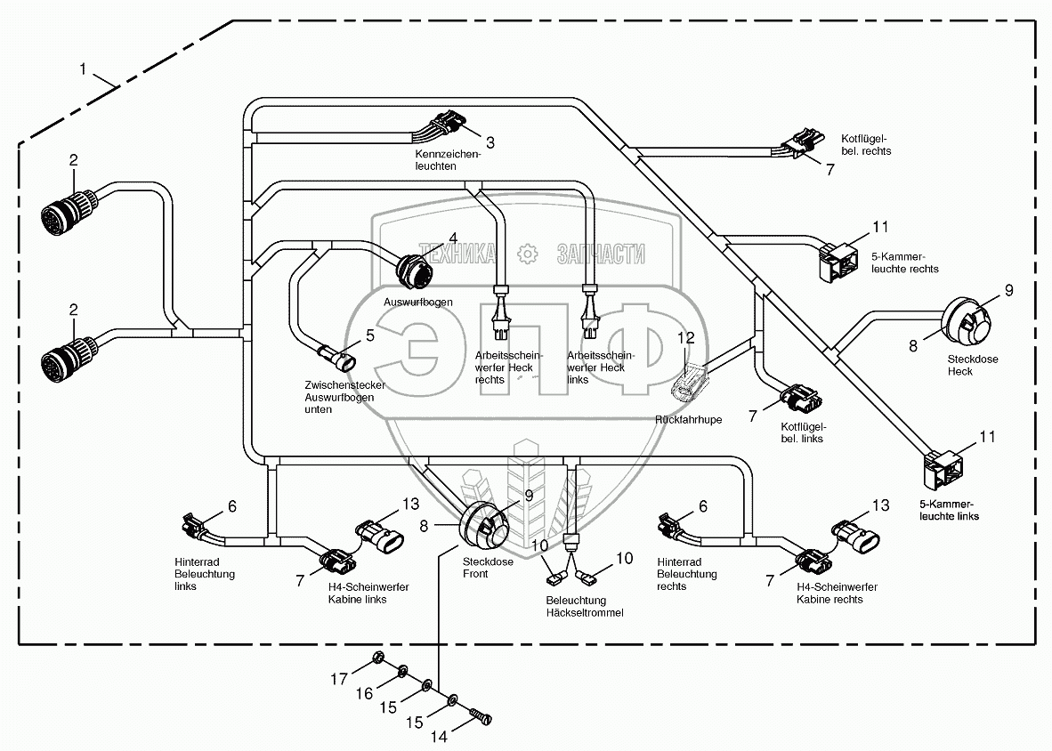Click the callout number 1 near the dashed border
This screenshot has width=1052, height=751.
[83, 69]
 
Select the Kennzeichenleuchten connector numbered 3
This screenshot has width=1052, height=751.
[447, 124]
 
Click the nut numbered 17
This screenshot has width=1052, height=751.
[377, 658]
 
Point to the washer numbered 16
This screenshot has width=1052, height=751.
[403, 671]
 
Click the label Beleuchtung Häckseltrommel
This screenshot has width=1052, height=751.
[585, 606]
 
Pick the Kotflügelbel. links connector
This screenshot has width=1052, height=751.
[799, 399]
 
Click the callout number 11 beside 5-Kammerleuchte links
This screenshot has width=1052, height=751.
[988, 437]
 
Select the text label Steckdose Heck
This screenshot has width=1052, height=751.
[973, 365]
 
